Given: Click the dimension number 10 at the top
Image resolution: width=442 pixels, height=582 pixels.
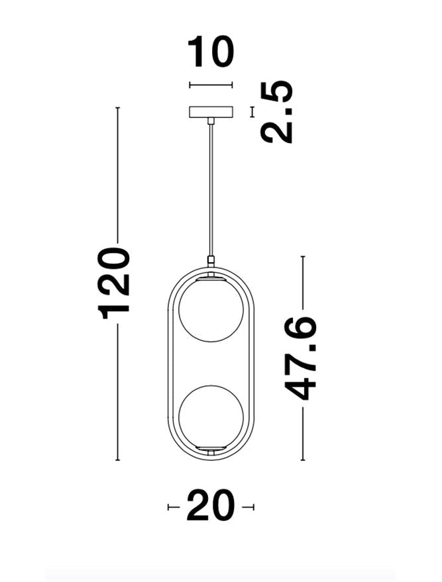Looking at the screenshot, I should click(x=211, y=53).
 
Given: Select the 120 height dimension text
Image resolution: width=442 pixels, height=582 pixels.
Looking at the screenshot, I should click(x=115, y=283).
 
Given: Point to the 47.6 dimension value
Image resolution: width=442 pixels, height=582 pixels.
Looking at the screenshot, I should click(x=301, y=358).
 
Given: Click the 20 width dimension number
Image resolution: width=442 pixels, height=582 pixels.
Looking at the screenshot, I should click(x=211, y=507).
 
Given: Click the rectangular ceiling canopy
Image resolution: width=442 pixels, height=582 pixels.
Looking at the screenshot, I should click(x=211, y=112).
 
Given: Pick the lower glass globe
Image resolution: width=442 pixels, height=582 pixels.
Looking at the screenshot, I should click(x=211, y=416).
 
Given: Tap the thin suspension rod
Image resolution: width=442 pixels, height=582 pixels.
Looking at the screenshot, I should click(x=211, y=192).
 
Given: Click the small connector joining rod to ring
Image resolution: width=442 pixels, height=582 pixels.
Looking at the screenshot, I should click(x=211, y=261).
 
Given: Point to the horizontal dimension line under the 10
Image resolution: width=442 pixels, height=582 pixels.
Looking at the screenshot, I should click(x=211, y=85).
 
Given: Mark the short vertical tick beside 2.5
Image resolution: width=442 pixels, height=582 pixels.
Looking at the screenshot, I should click(x=252, y=112).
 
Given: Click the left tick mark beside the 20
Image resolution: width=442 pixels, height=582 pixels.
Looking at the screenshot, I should click(x=170, y=507).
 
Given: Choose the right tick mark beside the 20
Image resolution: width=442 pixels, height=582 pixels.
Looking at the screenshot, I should click(x=251, y=507).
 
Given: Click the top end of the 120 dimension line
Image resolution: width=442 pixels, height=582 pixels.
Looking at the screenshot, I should click(x=118, y=108).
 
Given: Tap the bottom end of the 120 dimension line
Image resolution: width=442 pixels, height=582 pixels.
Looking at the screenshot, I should click(x=118, y=460).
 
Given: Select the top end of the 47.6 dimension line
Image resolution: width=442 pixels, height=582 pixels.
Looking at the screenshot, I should click(x=303, y=257).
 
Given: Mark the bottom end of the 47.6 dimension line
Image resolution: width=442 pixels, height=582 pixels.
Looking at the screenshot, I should click(x=303, y=460).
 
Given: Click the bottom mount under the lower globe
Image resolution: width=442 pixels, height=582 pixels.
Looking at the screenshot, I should click(x=211, y=452).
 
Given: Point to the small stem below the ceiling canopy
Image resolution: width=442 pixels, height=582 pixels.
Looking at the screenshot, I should click(x=211, y=122).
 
